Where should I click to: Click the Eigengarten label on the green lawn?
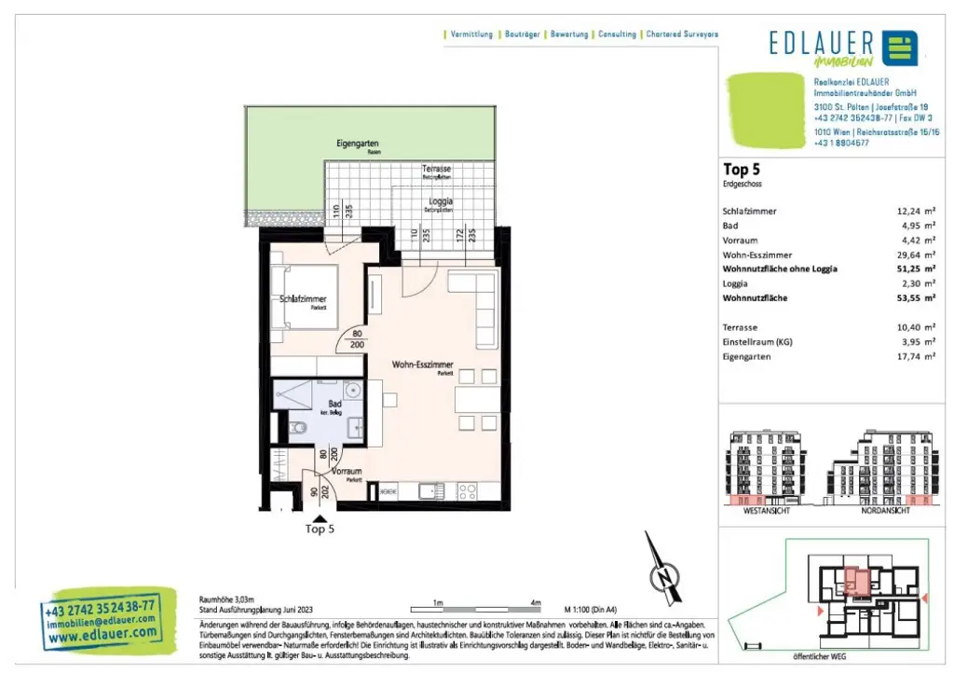click(357, 145)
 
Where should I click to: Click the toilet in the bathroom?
click(297, 429)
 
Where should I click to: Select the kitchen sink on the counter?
click(431, 490)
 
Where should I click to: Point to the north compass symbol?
click(662, 578)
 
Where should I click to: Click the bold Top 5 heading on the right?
click(742, 170)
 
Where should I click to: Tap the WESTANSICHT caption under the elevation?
click(766, 511)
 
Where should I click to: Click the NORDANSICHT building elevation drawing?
click(876, 466)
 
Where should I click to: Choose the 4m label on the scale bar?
click(535, 603)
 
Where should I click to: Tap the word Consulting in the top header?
click(617, 34)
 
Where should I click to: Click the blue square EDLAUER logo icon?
click(899, 48)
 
